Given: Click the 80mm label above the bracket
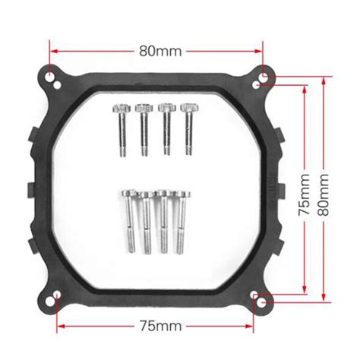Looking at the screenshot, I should [x=159, y=52].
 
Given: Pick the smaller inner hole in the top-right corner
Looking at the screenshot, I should [x=257, y=84].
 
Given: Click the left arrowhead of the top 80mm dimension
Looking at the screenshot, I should [x=54, y=52].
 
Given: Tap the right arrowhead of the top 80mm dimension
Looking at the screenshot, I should [x=263, y=52].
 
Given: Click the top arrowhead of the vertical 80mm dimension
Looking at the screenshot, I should [x=324, y=77].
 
